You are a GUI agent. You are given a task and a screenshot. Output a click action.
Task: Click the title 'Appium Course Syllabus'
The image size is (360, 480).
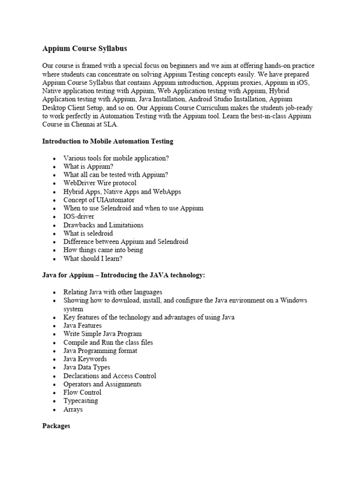click(85, 48)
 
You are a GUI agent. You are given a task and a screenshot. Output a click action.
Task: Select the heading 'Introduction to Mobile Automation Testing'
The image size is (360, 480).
click(107, 141)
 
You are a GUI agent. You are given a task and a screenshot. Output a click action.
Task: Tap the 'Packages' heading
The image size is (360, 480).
click(56, 426)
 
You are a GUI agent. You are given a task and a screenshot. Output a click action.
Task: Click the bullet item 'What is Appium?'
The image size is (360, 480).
click(89, 166)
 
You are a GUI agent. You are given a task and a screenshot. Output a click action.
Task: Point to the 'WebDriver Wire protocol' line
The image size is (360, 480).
click(100, 183)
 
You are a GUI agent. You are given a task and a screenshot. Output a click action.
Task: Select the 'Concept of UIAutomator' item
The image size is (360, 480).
click(99, 200)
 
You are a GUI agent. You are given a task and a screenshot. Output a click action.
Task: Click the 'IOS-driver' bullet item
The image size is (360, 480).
click(79, 217)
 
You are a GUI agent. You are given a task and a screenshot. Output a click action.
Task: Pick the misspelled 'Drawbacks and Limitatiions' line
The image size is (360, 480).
click(104, 225)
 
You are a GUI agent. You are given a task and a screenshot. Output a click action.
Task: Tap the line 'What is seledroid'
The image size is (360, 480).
click(88, 233)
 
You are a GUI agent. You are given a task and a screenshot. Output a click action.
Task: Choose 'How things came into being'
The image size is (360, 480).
click(103, 250)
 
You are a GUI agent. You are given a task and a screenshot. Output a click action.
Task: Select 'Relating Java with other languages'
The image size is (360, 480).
click(113, 292)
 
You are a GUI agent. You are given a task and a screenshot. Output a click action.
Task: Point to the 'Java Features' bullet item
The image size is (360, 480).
click(82, 325)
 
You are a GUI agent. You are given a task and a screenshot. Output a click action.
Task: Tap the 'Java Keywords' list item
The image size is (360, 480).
click(85, 359)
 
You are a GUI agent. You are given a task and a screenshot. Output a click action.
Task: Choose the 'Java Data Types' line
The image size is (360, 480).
click(87, 367)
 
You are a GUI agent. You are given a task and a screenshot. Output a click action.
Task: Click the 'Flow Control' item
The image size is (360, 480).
click(82, 392)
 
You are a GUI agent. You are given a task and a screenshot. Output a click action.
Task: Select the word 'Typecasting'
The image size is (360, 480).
click(81, 401)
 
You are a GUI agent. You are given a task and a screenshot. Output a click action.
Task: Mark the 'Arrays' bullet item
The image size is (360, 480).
click(73, 409)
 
